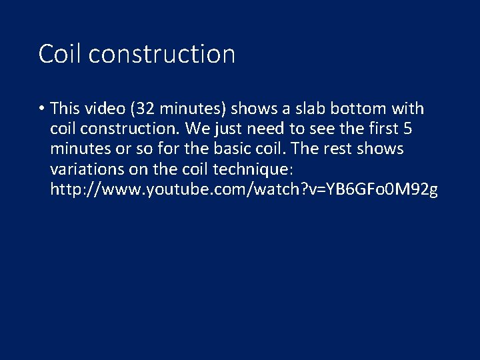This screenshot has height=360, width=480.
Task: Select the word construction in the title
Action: click(x=161, y=54)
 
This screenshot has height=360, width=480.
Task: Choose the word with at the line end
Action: click(x=408, y=109)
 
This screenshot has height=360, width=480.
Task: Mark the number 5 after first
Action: click(x=407, y=129)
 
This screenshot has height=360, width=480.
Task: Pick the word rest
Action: click(x=340, y=149)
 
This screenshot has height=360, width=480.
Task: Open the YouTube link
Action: click(x=244, y=189)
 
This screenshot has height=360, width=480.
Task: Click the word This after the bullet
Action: click(x=65, y=109)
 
